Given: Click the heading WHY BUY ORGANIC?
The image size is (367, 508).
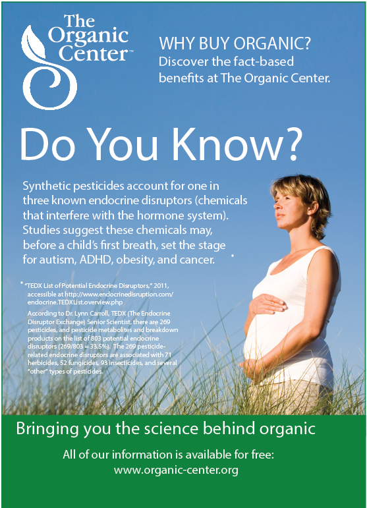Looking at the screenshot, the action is tap(235, 43).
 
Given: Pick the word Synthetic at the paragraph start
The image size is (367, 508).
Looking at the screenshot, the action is tap(46, 186).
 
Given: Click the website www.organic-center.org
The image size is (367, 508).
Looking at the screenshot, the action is tap(176, 470).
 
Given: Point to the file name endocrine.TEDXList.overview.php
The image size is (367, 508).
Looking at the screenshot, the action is tap(75, 302).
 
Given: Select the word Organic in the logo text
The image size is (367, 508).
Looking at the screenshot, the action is tap(88, 36).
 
